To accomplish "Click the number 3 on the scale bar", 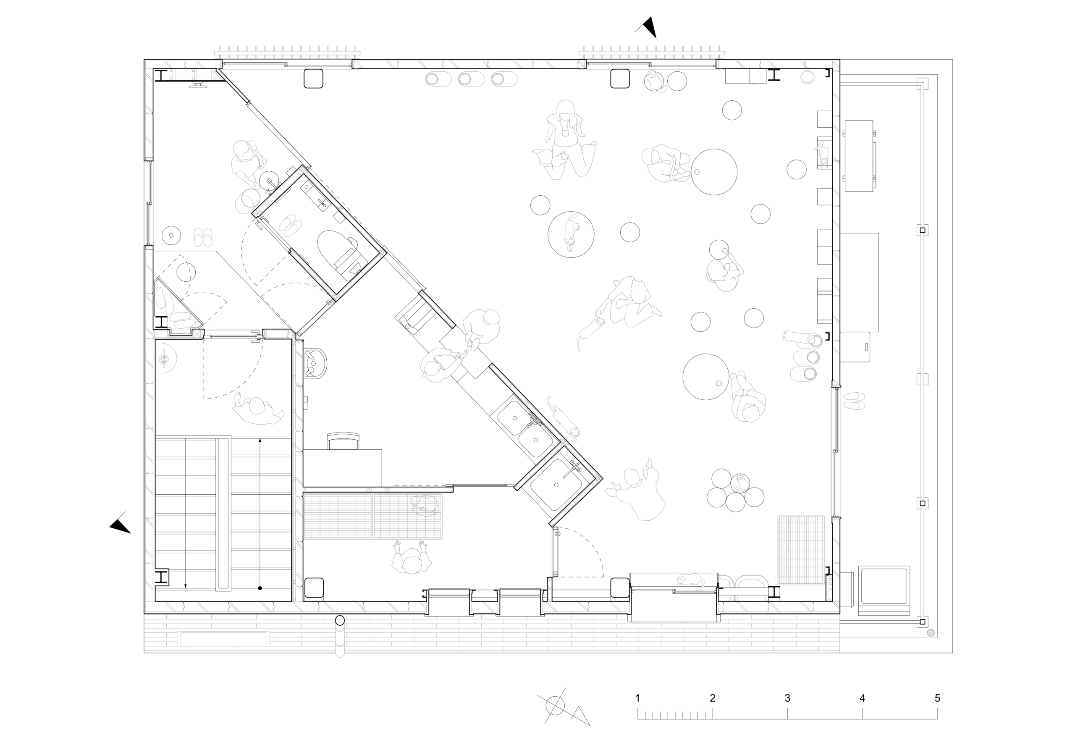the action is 787,698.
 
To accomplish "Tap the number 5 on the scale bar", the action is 937,698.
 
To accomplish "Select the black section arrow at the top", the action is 648,27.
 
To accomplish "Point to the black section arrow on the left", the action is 121,526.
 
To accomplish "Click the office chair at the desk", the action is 343,441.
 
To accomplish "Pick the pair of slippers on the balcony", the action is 855,401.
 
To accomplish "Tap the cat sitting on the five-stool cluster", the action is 740,483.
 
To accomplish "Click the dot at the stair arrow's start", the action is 260,588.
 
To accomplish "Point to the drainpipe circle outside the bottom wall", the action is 340,621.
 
